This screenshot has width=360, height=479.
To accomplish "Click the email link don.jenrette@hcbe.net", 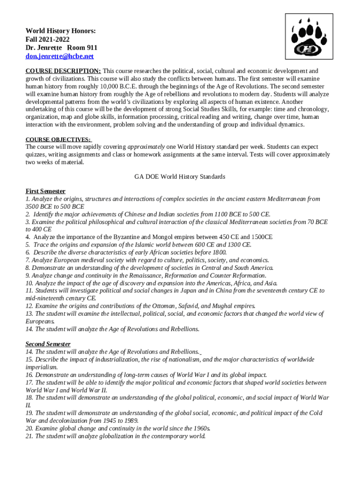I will [x=59, y=56].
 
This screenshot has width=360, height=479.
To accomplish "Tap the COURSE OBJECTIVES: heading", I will [x=58, y=139].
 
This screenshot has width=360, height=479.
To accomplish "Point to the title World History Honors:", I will [x=61, y=31].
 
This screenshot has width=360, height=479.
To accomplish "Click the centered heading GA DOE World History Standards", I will [x=180, y=177].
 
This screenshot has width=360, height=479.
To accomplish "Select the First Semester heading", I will [x=45, y=191].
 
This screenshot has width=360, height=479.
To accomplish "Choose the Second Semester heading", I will [x=48, y=344].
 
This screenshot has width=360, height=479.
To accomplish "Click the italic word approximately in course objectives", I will [x=146, y=146].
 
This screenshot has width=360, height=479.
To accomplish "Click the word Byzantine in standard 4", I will [x=118, y=237].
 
